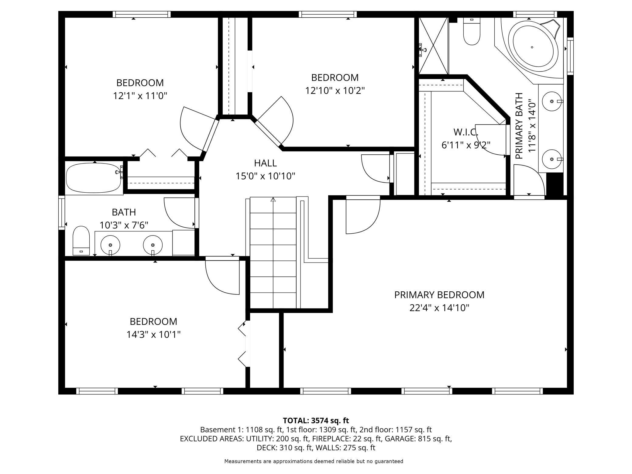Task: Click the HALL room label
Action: click(x=265, y=163)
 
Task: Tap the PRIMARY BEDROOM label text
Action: click(x=439, y=295)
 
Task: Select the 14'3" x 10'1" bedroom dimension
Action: click(x=153, y=335)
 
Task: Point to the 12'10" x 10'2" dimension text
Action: click(x=335, y=91)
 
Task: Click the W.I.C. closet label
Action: click(x=466, y=132)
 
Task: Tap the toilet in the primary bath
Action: click(x=472, y=31)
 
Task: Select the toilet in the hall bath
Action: click(x=81, y=241)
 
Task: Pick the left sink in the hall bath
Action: click(x=110, y=245)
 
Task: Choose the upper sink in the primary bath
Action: click(x=552, y=101)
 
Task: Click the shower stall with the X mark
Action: click(x=434, y=46)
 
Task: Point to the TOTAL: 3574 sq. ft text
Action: click(x=316, y=421)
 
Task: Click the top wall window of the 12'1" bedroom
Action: click(x=142, y=14)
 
